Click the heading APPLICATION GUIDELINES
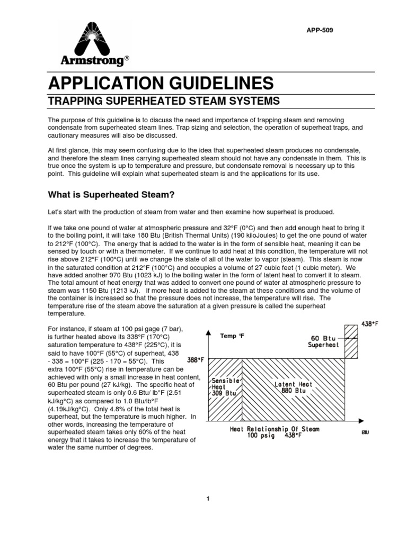161,83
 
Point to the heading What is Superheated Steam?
111,195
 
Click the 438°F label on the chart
370,323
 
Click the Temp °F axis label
232,336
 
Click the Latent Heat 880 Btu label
293,388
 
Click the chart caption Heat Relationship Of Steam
275,429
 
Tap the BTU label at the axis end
365,432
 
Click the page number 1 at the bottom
209,499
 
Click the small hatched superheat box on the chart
351,341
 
